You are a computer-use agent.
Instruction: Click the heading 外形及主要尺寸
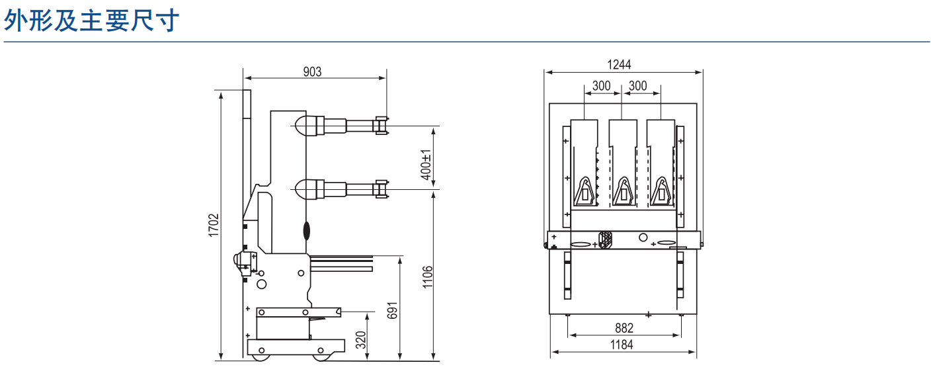[x=91, y=20]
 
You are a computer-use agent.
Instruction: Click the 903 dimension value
[x=312, y=72]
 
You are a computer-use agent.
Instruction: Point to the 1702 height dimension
[x=214, y=226]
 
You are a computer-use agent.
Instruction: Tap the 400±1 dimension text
[x=426, y=165]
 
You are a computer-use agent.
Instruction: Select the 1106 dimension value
[x=427, y=277]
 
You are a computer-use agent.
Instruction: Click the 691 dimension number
[x=392, y=310]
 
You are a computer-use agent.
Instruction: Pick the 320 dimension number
[x=361, y=339]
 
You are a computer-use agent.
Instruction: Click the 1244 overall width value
[x=619, y=65]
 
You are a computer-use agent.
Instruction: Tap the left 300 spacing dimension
[x=602, y=86]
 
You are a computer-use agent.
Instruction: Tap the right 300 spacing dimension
[x=638, y=86]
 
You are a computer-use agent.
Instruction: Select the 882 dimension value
[x=624, y=329]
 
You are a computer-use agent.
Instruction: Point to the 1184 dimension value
[x=622, y=345]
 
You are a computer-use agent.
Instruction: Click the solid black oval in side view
[x=307, y=231]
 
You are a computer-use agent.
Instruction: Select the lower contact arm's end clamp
[x=382, y=189]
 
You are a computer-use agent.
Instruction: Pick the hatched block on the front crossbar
[x=606, y=240]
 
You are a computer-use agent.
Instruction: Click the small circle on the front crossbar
[x=643, y=237]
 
